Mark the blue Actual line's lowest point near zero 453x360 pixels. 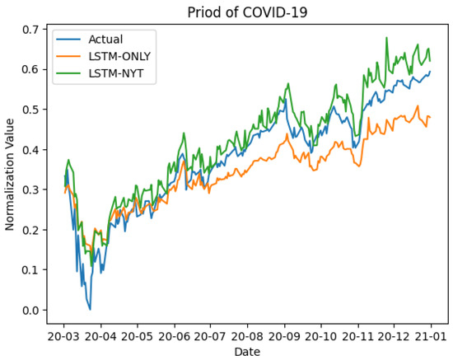click(x=90, y=309)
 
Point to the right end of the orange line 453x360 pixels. click(x=430, y=117)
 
